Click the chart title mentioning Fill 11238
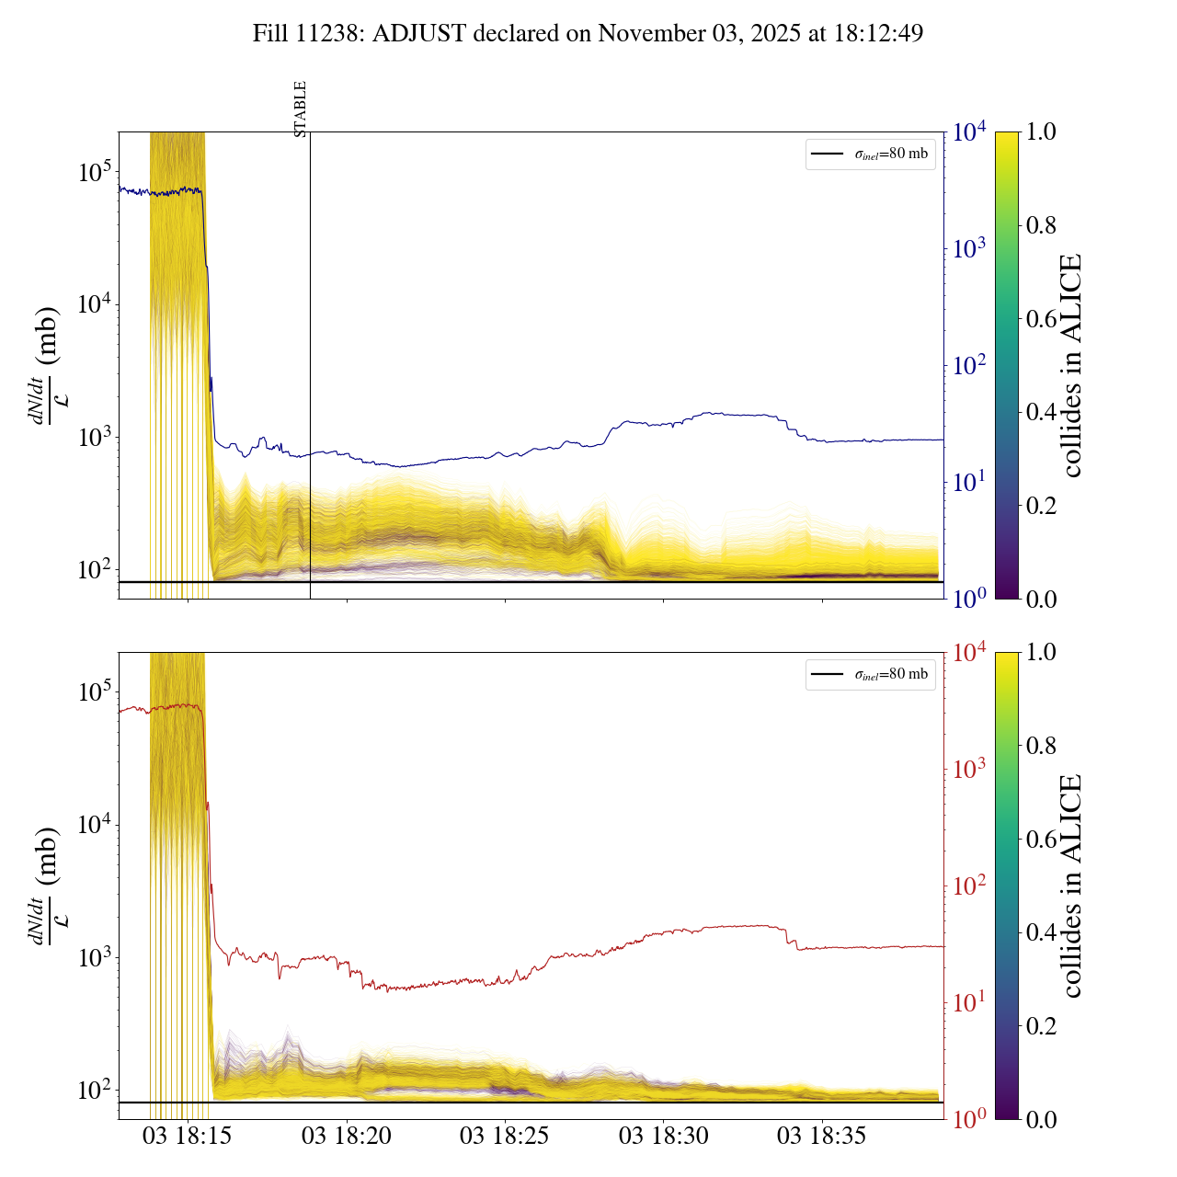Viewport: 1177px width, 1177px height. point(588,34)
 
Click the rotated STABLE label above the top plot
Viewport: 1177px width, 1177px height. point(301,109)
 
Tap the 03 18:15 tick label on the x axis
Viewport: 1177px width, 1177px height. point(187,1137)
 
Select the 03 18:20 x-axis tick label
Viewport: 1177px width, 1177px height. point(347,1137)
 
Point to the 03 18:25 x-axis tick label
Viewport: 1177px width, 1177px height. point(505,1137)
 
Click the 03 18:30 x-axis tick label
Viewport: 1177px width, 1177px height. point(663,1137)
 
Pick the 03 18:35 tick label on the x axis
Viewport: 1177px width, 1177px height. point(822,1137)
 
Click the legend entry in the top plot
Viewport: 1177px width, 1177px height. point(871,154)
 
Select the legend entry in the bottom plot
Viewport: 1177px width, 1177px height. point(871,674)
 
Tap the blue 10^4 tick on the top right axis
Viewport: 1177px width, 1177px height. point(969,132)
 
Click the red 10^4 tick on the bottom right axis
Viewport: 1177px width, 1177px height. point(969,653)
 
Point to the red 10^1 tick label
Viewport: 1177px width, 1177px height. point(968,1002)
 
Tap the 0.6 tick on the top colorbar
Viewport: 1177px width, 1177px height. point(1041,319)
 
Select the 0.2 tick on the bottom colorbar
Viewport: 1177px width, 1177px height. point(1041,1026)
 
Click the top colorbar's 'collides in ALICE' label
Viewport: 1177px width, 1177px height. point(1071,365)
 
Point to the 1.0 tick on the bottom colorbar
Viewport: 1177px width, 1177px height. point(1041,653)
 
